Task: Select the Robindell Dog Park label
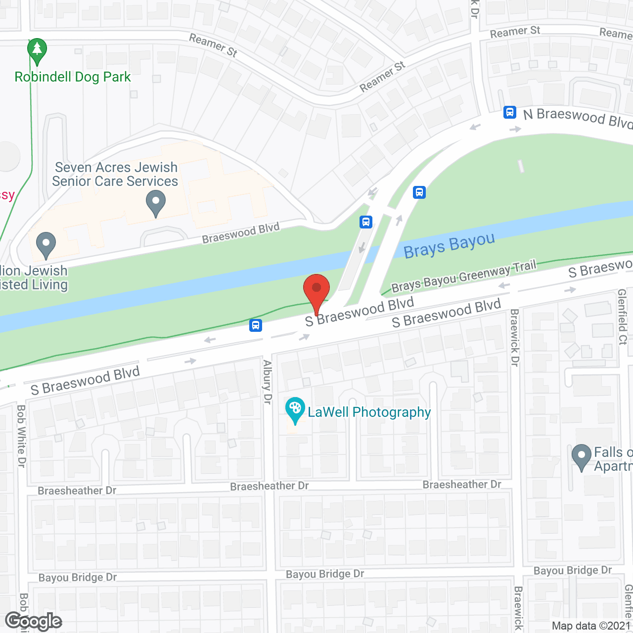(x=73, y=77)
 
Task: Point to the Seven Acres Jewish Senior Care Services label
(x=115, y=175)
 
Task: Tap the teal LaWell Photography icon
(x=295, y=410)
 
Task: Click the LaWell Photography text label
(x=369, y=412)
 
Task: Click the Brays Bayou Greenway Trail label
(x=463, y=277)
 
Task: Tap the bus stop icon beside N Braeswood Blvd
(x=510, y=112)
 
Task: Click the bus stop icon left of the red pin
(x=256, y=325)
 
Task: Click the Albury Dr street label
(x=268, y=382)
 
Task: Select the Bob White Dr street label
(x=21, y=436)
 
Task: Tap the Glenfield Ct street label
(x=622, y=317)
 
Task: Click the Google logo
(x=33, y=621)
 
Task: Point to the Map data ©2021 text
(x=591, y=626)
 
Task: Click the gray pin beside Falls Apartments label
(x=581, y=457)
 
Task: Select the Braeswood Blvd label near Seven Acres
(x=241, y=233)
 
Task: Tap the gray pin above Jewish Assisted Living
(x=46, y=244)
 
